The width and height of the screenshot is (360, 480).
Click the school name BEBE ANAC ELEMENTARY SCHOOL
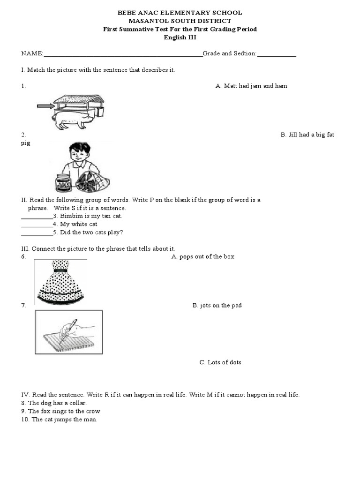click(180, 13)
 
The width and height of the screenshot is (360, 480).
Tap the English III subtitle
click(180, 38)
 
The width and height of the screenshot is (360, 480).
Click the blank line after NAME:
click(123, 54)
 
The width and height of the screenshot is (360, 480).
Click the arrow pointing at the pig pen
click(45, 106)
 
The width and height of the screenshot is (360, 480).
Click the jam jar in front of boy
click(64, 183)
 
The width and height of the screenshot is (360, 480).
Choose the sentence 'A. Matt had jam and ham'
click(251, 86)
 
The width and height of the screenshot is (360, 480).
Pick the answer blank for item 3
click(37, 217)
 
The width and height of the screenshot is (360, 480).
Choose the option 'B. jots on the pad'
click(217, 305)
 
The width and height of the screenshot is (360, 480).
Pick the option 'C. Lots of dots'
click(220, 362)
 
